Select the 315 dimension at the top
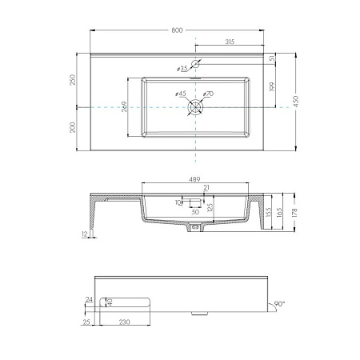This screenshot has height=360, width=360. point(230,41)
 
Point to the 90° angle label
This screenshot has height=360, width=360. point(280,304)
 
